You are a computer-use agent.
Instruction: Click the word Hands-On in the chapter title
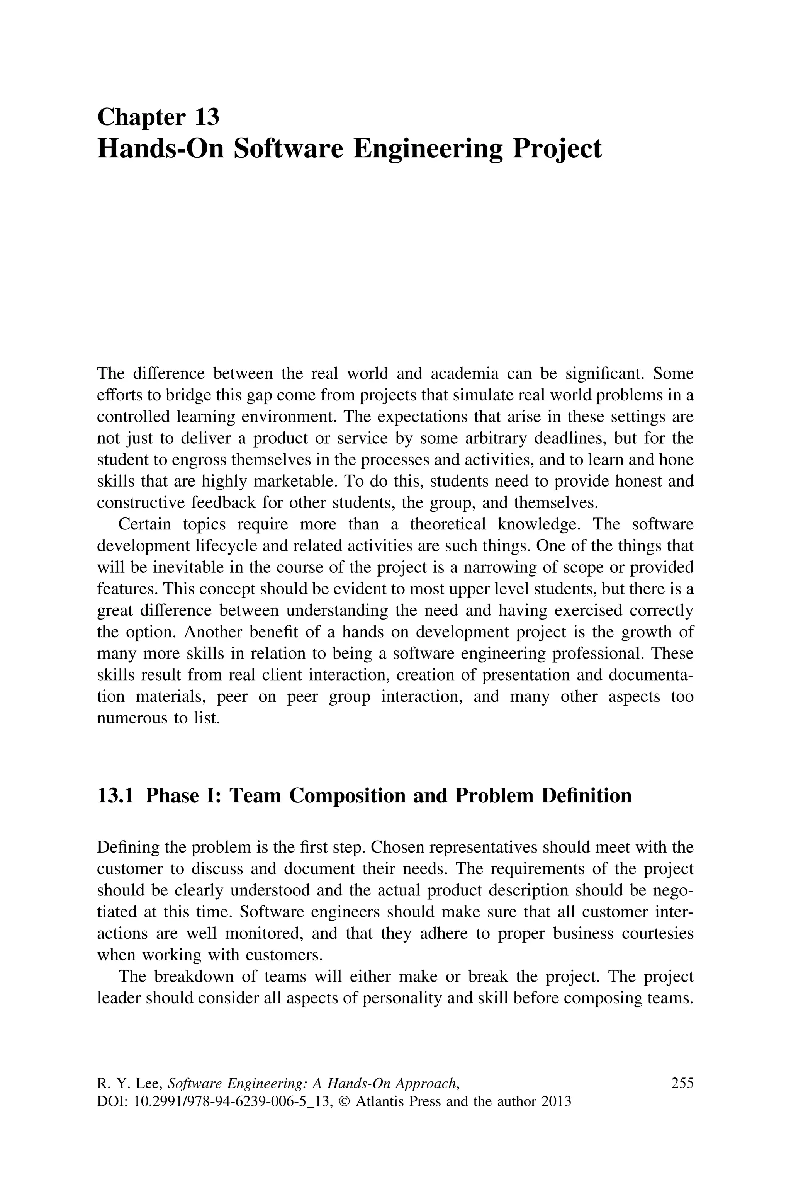(160, 149)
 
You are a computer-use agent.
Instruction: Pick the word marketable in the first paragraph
(295, 482)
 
